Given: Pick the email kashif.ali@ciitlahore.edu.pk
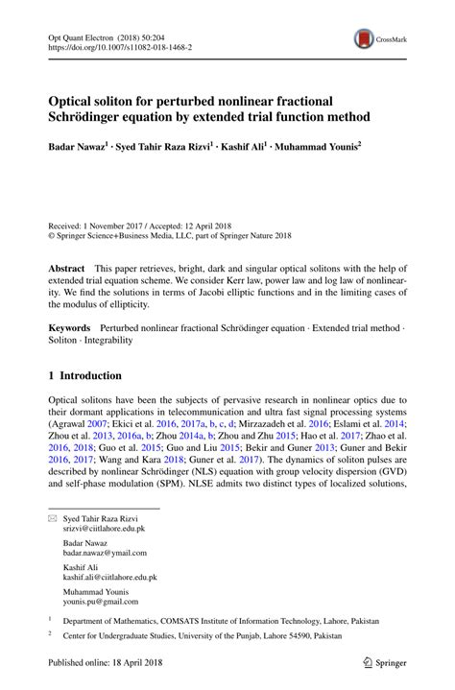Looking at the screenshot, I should click(x=110, y=578).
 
